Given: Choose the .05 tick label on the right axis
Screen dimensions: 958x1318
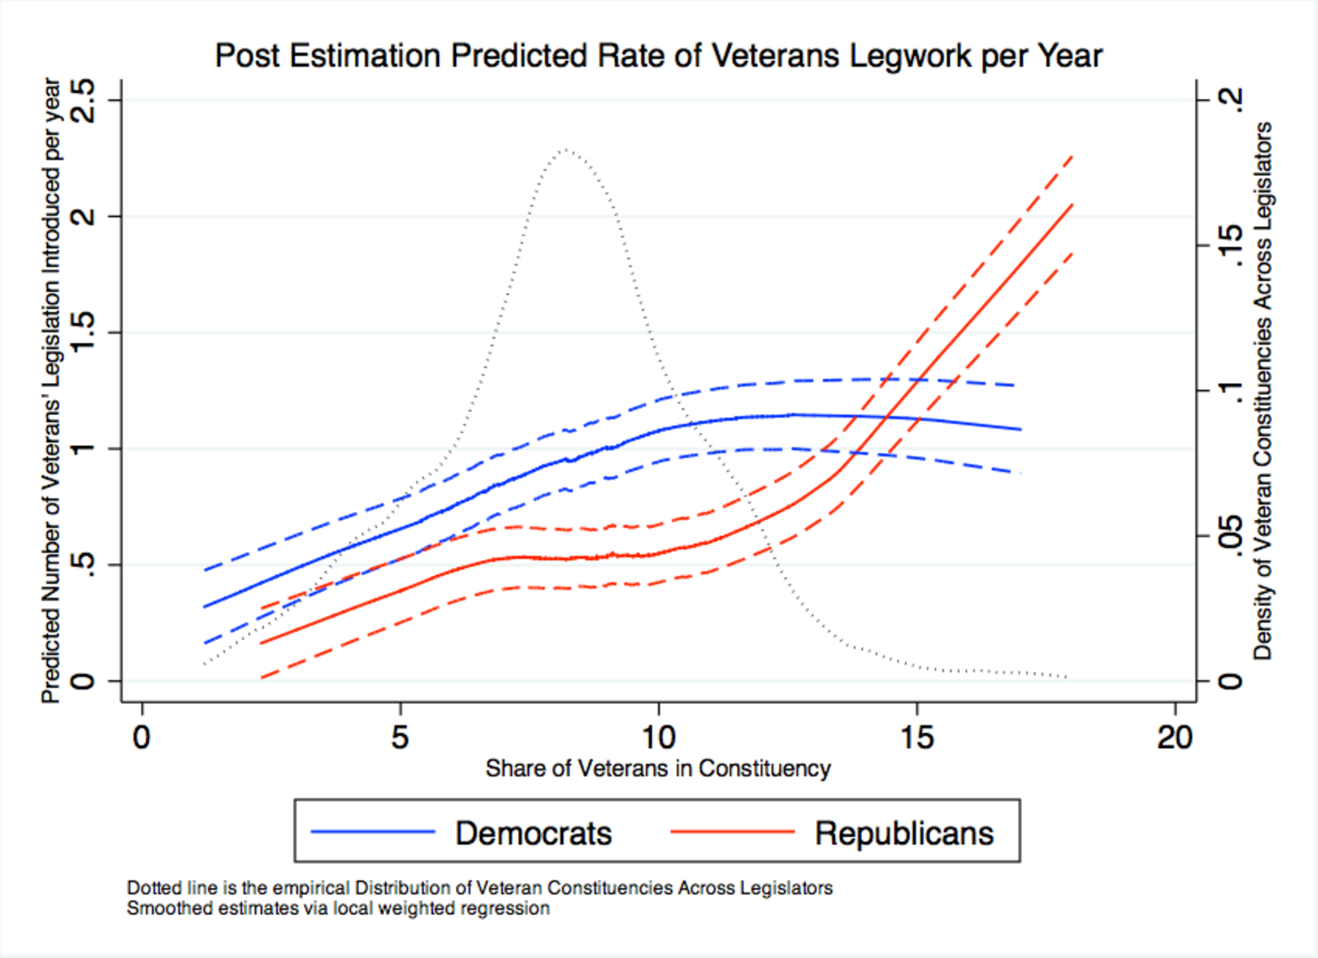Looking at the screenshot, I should point(1230,536).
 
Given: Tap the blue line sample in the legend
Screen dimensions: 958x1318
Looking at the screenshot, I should point(372,832).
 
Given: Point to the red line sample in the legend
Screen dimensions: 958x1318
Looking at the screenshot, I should point(732,832).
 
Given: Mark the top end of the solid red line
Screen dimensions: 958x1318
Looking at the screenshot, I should point(1073,205).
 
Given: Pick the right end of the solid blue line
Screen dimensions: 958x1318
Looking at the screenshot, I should point(1020,430).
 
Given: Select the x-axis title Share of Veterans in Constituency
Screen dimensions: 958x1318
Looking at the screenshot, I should point(658,768).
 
